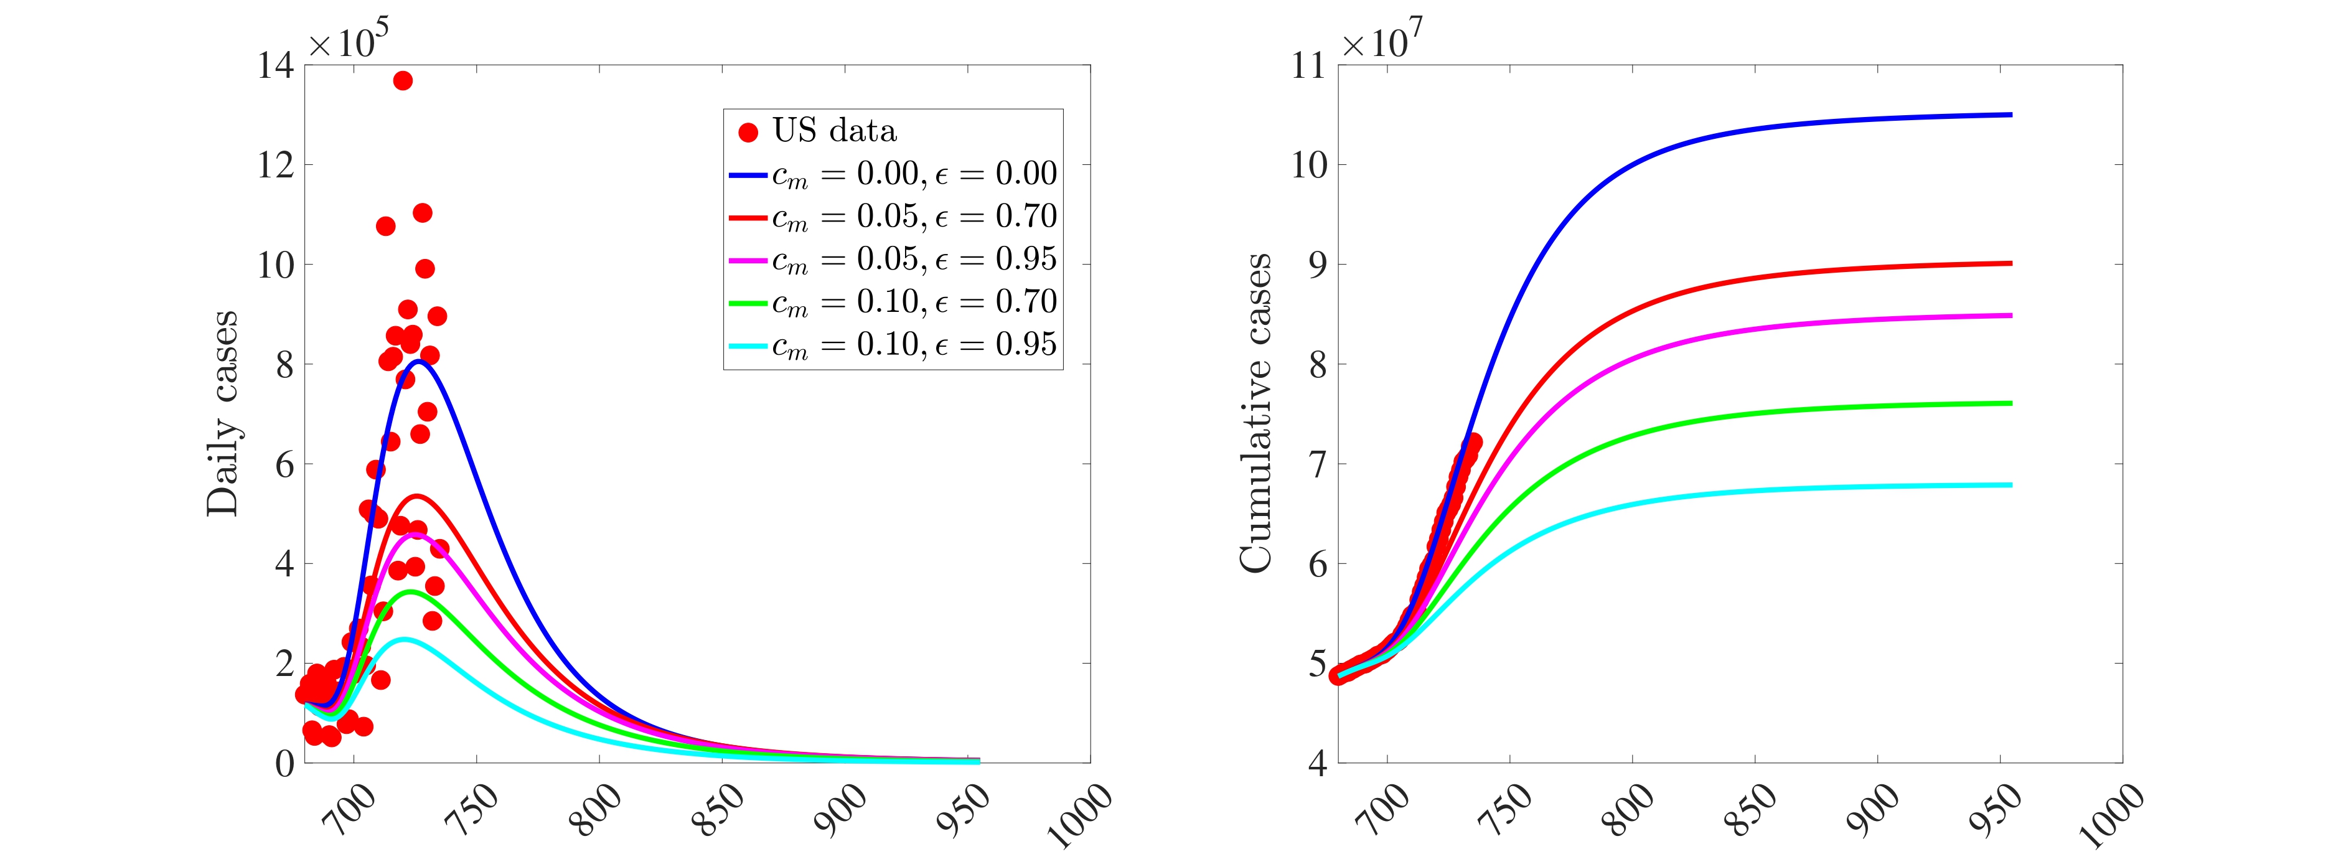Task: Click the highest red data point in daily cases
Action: click(x=403, y=81)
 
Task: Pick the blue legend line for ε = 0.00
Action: click(x=749, y=174)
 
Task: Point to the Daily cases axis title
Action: click(x=222, y=413)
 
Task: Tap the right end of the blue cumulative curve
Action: click(x=2010, y=115)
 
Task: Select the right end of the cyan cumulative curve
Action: click(x=2010, y=485)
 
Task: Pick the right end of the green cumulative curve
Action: click(x=2010, y=403)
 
